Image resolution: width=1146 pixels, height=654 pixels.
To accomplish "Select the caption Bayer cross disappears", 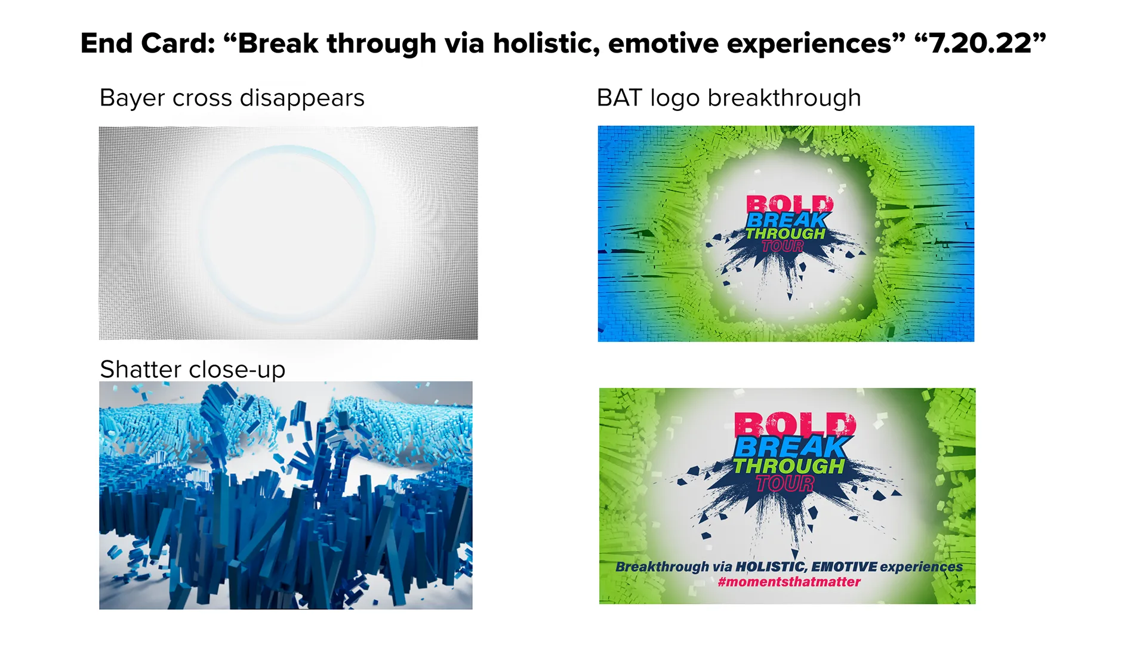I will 232,98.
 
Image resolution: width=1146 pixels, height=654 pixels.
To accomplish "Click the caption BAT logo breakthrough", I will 729,98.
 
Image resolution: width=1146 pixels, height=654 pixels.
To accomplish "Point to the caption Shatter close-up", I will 192,369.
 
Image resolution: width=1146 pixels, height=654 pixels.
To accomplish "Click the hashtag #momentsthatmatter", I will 788,582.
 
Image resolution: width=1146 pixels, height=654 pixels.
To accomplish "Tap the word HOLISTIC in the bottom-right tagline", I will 771,566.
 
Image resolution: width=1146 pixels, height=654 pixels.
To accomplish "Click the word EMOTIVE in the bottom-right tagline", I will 844,566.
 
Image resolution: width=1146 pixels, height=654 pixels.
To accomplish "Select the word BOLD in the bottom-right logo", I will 795,425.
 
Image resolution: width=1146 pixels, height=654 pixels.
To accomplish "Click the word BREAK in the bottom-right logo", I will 791,447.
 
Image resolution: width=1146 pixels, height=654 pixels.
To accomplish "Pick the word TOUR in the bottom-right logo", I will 785,483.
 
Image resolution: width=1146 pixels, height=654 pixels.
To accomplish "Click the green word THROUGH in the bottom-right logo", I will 788,466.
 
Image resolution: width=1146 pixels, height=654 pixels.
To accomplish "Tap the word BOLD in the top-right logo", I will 789,204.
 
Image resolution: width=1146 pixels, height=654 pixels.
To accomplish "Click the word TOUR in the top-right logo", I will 783,246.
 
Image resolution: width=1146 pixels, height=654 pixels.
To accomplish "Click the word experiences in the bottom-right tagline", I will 921,566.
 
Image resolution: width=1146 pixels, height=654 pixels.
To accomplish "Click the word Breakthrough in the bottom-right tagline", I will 662,566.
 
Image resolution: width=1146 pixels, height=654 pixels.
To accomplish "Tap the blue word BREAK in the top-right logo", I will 787,220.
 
